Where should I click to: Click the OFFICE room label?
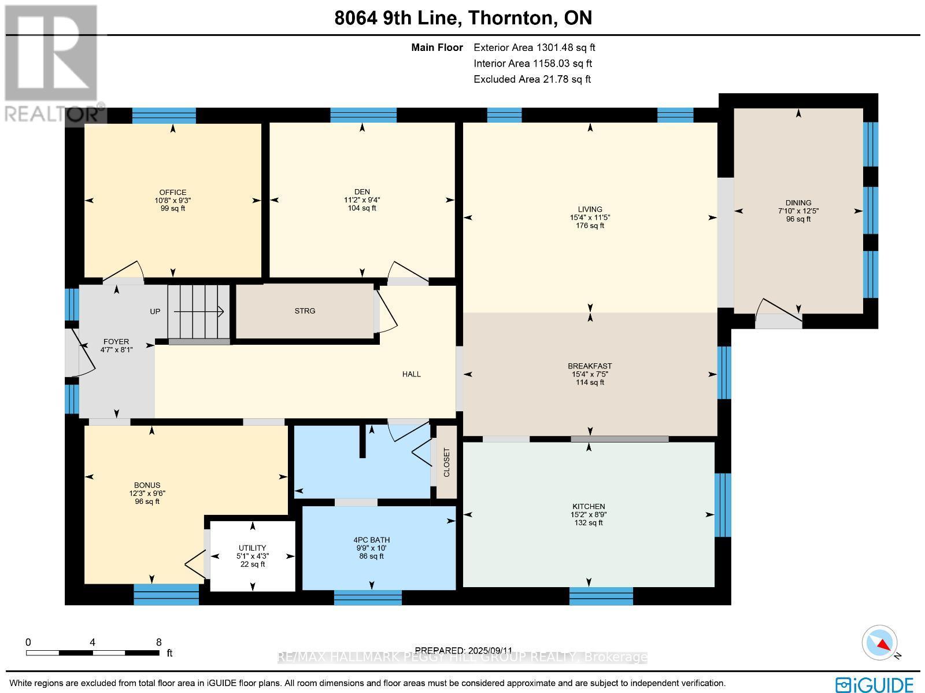pyautogui.click(x=173, y=193)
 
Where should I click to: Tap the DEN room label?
pyautogui.click(x=362, y=192)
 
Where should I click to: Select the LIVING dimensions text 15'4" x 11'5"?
pyautogui.click(x=590, y=218)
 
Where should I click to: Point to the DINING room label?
pyautogui.click(x=798, y=203)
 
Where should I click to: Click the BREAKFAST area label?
pyautogui.click(x=590, y=366)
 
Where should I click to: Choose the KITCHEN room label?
pyautogui.click(x=589, y=506)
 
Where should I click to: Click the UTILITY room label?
pyautogui.click(x=253, y=548)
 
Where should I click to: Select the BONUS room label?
pyautogui.click(x=147, y=485)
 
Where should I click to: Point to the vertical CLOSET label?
pyautogui.click(x=446, y=462)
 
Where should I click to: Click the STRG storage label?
pyautogui.click(x=305, y=311)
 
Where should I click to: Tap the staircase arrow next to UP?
pyautogui.click(x=199, y=312)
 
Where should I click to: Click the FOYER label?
pyautogui.click(x=116, y=342)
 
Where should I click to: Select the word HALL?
pyautogui.click(x=412, y=374)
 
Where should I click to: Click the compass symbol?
pyautogui.click(x=880, y=643)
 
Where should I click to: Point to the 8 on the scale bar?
pyautogui.click(x=158, y=642)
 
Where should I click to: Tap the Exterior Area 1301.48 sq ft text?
pyautogui.click(x=534, y=48)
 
